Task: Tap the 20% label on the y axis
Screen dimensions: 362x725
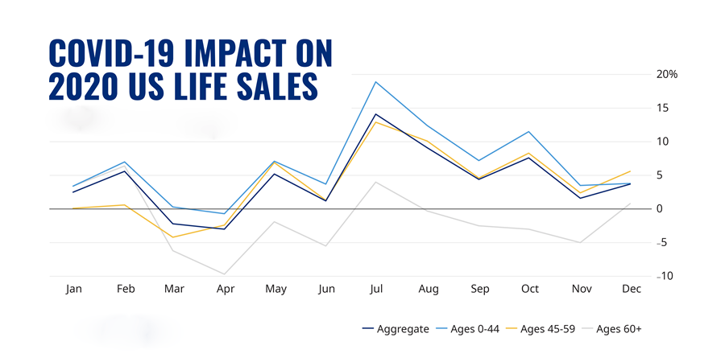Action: (x=666, y=74)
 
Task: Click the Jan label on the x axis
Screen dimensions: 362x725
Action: (x=73, y=289)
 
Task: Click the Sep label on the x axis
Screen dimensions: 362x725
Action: (x=479, y=289)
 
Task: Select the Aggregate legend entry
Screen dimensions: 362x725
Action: (x=396, y=329)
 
